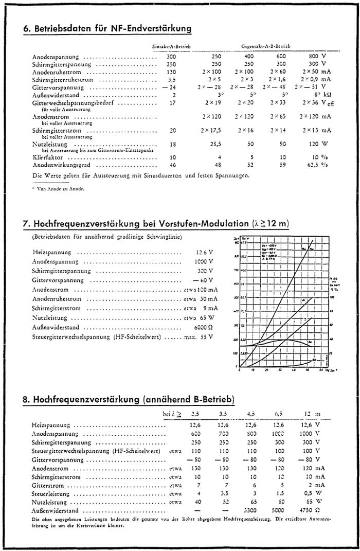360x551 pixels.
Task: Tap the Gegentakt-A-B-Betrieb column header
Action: pos(265,46)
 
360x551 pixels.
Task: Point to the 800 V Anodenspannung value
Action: pos(315,56)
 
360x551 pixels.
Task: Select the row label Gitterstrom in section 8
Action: pos(48,485)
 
